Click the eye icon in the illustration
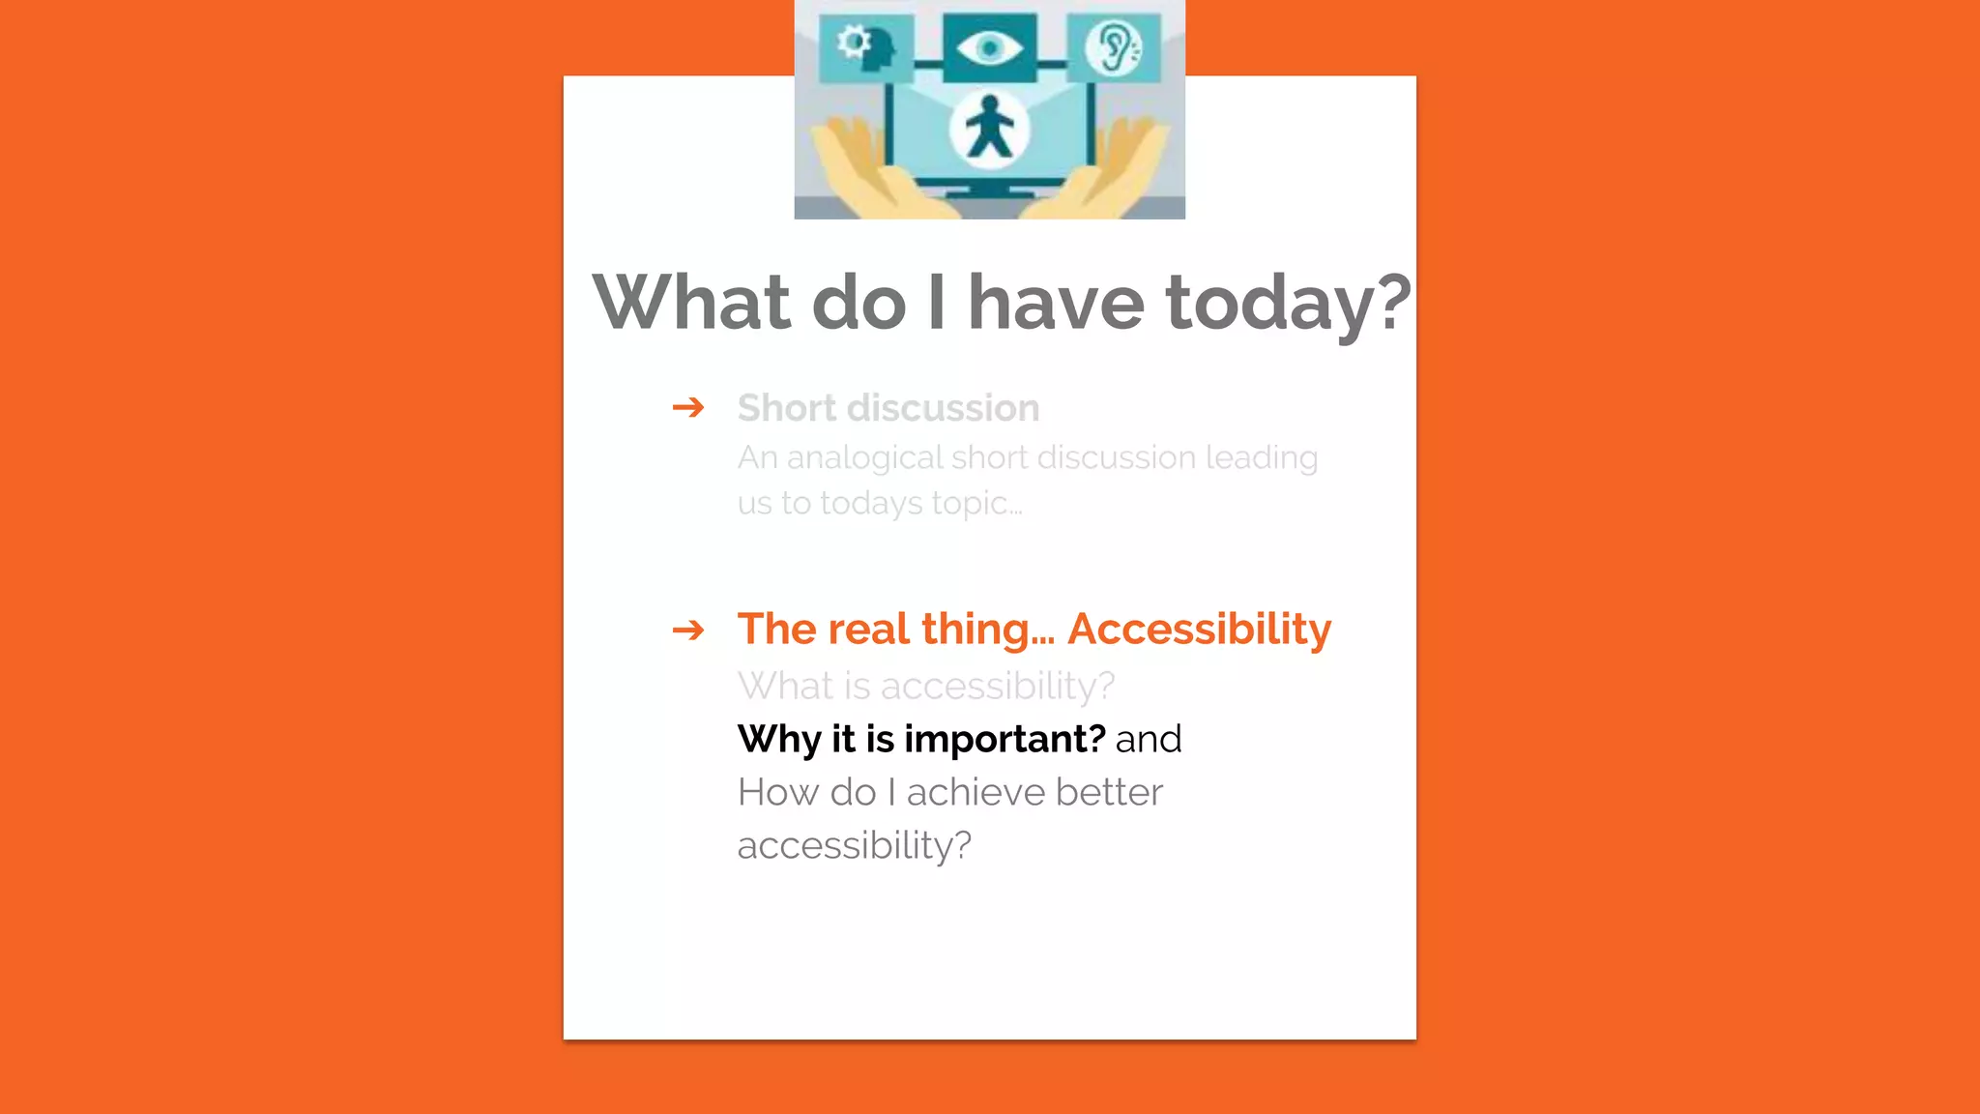pyautogui.click(x=988, y=47)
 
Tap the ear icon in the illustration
pyautogui.click(x=1114, y=47)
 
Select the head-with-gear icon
pyautogui.click(x=865, y=47)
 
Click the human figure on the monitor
pyautogui.click(x=988, y=129)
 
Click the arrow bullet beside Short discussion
pyautogui.click(x=688, y=407)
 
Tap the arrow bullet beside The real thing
pyautogui.click(x=688, y=630)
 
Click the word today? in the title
pyautogui.click(x=1288, y=304)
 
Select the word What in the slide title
pyautogui.click(x=692, y=304)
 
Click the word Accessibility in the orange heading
pyautogui.click(x=1199, y=630)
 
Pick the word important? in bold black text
pyautogui.click(x=1005, y=740)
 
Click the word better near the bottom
pyautogui.click(x=1109, y=793)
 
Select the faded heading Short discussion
pyautogui.click(x=888, y=408)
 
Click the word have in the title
pyautogui.click(x=1056, y=304)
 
